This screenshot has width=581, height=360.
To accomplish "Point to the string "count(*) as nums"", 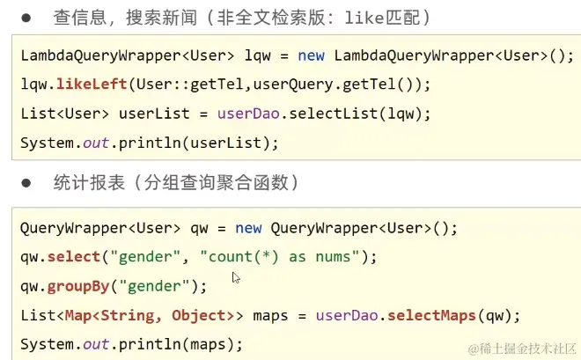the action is point(287,256).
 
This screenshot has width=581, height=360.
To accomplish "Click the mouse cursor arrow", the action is point(235,278).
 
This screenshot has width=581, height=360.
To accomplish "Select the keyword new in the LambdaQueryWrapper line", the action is point(311,55).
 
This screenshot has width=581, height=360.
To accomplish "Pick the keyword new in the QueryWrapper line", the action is point(248,228).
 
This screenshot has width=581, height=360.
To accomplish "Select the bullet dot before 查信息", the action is point(27,17).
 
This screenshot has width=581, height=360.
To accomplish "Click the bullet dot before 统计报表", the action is point(27,183).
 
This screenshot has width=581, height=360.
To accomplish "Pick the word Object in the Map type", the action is point(197,314).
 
